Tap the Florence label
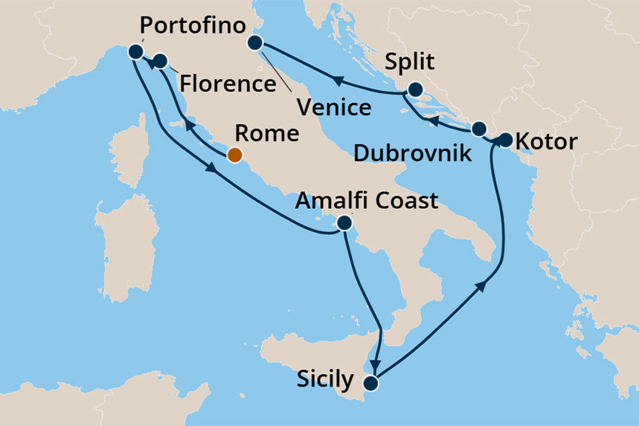pos(226,83)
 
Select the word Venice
pos(333,107)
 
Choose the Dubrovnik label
pos(412,154)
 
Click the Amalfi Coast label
pos(367,200)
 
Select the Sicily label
pos(324,380)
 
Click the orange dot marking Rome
pos(234,155)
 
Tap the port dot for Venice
pos(256,42)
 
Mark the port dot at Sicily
pos(370,384)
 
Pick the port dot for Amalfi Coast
pos(344,222)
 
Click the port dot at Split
pos(415,89)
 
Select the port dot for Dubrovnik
pos(478,127)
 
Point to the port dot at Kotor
pos(506,139)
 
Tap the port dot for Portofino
pos(135,51)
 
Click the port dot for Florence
pos(159,61)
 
